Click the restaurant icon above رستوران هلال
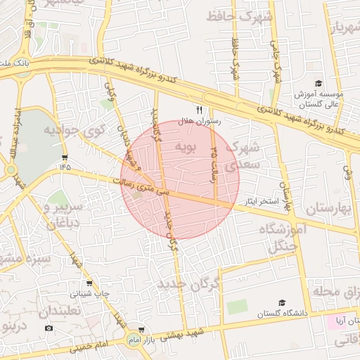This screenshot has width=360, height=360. pos(199,110)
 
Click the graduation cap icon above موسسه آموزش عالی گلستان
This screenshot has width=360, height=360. pos(319,84)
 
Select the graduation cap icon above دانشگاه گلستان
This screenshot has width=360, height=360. pos(281,302)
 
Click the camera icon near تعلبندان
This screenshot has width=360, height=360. pos(49,328)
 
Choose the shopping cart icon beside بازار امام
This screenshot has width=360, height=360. pos(141,330)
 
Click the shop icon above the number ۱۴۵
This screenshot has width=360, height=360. pos(65,157)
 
